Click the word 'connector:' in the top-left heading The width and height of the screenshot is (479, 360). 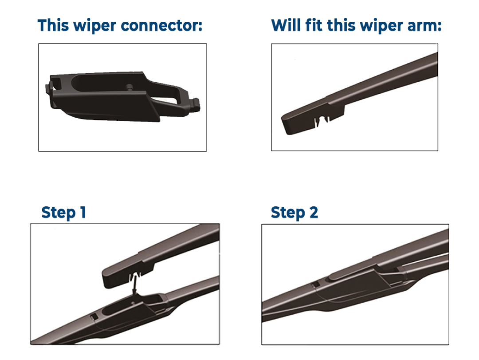coord(161,25)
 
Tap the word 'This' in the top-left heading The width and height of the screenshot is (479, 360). coord(53,25)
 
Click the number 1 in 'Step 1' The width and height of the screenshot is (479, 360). coord(82,212)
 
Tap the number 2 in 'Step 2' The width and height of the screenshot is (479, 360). coord(314,212)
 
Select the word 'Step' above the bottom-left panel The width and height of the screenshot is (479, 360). coord(59,213)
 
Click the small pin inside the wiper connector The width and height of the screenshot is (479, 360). coord(129,87)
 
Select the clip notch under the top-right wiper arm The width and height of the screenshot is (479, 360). coord(322,120)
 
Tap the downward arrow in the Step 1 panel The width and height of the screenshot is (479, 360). coord(134,285)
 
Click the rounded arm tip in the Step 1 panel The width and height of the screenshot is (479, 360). coord(107,278)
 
